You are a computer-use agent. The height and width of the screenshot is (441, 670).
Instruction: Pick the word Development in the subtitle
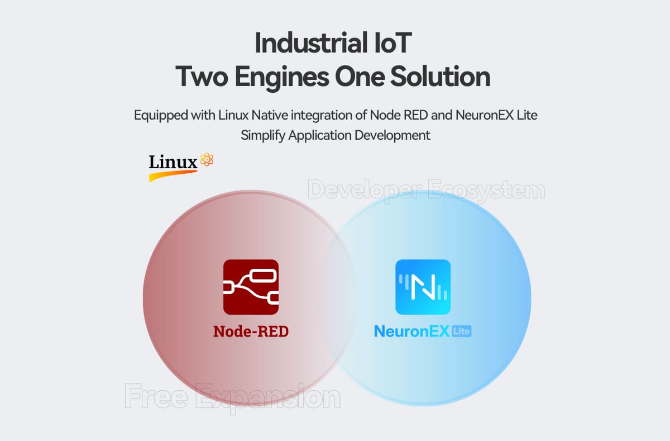pos(398,135)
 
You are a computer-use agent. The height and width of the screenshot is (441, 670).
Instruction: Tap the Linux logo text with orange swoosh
pos(173,164)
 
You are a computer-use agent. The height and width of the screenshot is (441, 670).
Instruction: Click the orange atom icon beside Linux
pos(207,160)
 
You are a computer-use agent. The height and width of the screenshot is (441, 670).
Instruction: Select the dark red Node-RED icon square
pos(251,287)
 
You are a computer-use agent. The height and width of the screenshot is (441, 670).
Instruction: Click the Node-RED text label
pos(251,331)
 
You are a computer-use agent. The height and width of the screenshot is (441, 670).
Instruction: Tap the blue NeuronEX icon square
pos(423,287)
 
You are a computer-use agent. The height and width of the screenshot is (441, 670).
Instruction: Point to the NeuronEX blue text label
pos(412,331)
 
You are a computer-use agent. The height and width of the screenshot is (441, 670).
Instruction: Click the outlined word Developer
pos(363,191)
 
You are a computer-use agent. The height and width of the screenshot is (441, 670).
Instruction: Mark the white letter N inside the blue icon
pos(423,286)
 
